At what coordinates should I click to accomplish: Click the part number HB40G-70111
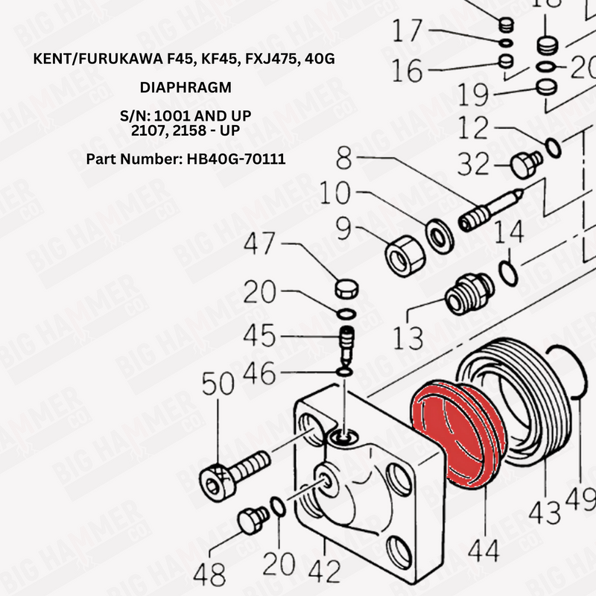coord(219,159)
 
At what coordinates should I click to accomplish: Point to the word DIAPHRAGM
coord(186,88)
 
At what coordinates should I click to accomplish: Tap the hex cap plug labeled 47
coord(344,289)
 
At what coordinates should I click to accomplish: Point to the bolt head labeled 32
coord(526,164)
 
